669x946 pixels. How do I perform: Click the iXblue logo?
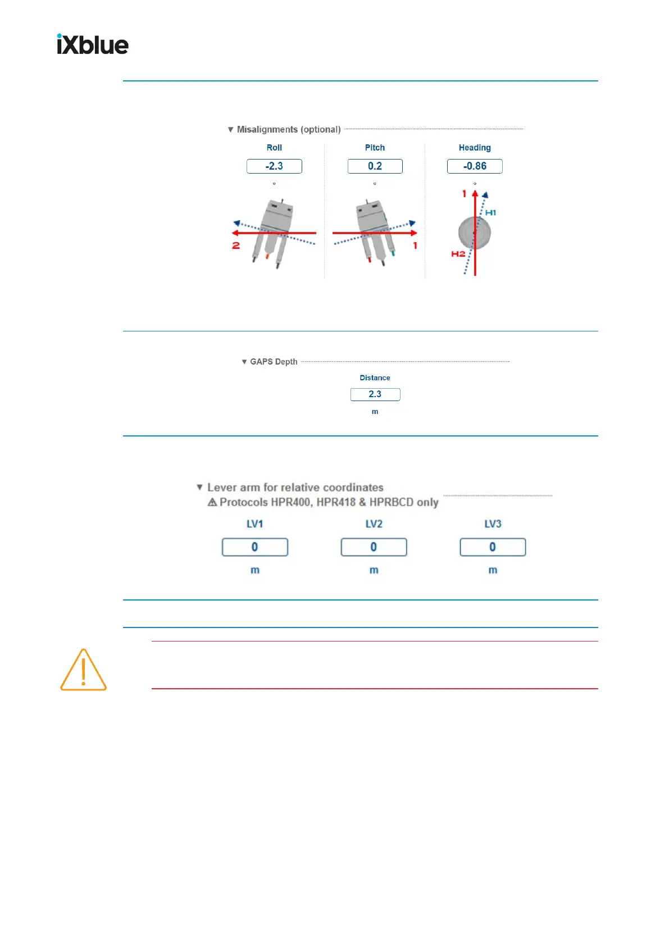pyautogui.click(x=93, y=44)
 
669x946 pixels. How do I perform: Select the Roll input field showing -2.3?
pyautogui.click(x=274, y=166)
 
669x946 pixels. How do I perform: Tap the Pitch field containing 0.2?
pyautogui.click(x=375, y=166)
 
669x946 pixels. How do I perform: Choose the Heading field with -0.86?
pyautogui.click(x=475, y=166)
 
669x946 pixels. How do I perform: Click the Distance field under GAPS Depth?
pyautogui.click(x=375, y=394)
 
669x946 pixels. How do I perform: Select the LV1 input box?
pyautogui.click(x=254, y=547)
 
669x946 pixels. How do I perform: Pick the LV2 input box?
pyautogui.click(x=374, y=547)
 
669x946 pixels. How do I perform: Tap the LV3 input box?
pyautogui.click(x=493, y=547)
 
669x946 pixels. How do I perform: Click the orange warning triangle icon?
pyautogui.click(x=83, y=670)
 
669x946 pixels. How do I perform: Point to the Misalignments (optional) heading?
pyautogui.click(x=288, y=130)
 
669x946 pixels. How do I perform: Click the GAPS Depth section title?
pyautogui.click(x=274, y=362)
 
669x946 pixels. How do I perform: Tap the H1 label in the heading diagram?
pyautogui.click(x=490, y=213)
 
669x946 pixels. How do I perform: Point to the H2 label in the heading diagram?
pyautogui.click(x=458, y=254)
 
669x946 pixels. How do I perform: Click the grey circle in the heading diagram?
pyautogui.click(x=475, y=233)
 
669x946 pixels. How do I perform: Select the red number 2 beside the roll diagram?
pyautogui.click(x=236, y=245)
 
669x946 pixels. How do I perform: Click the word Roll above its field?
pyautogui.click(x=274, y=148)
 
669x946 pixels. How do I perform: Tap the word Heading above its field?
pyautogui.click(x=475, y=148)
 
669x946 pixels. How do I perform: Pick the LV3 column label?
pyautogui.click(x=493, y=524)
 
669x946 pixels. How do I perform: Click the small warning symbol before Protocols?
pyautogui.click(x=212, y=502)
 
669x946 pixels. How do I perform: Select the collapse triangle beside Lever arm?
pyautogui.click(x=199, y=487)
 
